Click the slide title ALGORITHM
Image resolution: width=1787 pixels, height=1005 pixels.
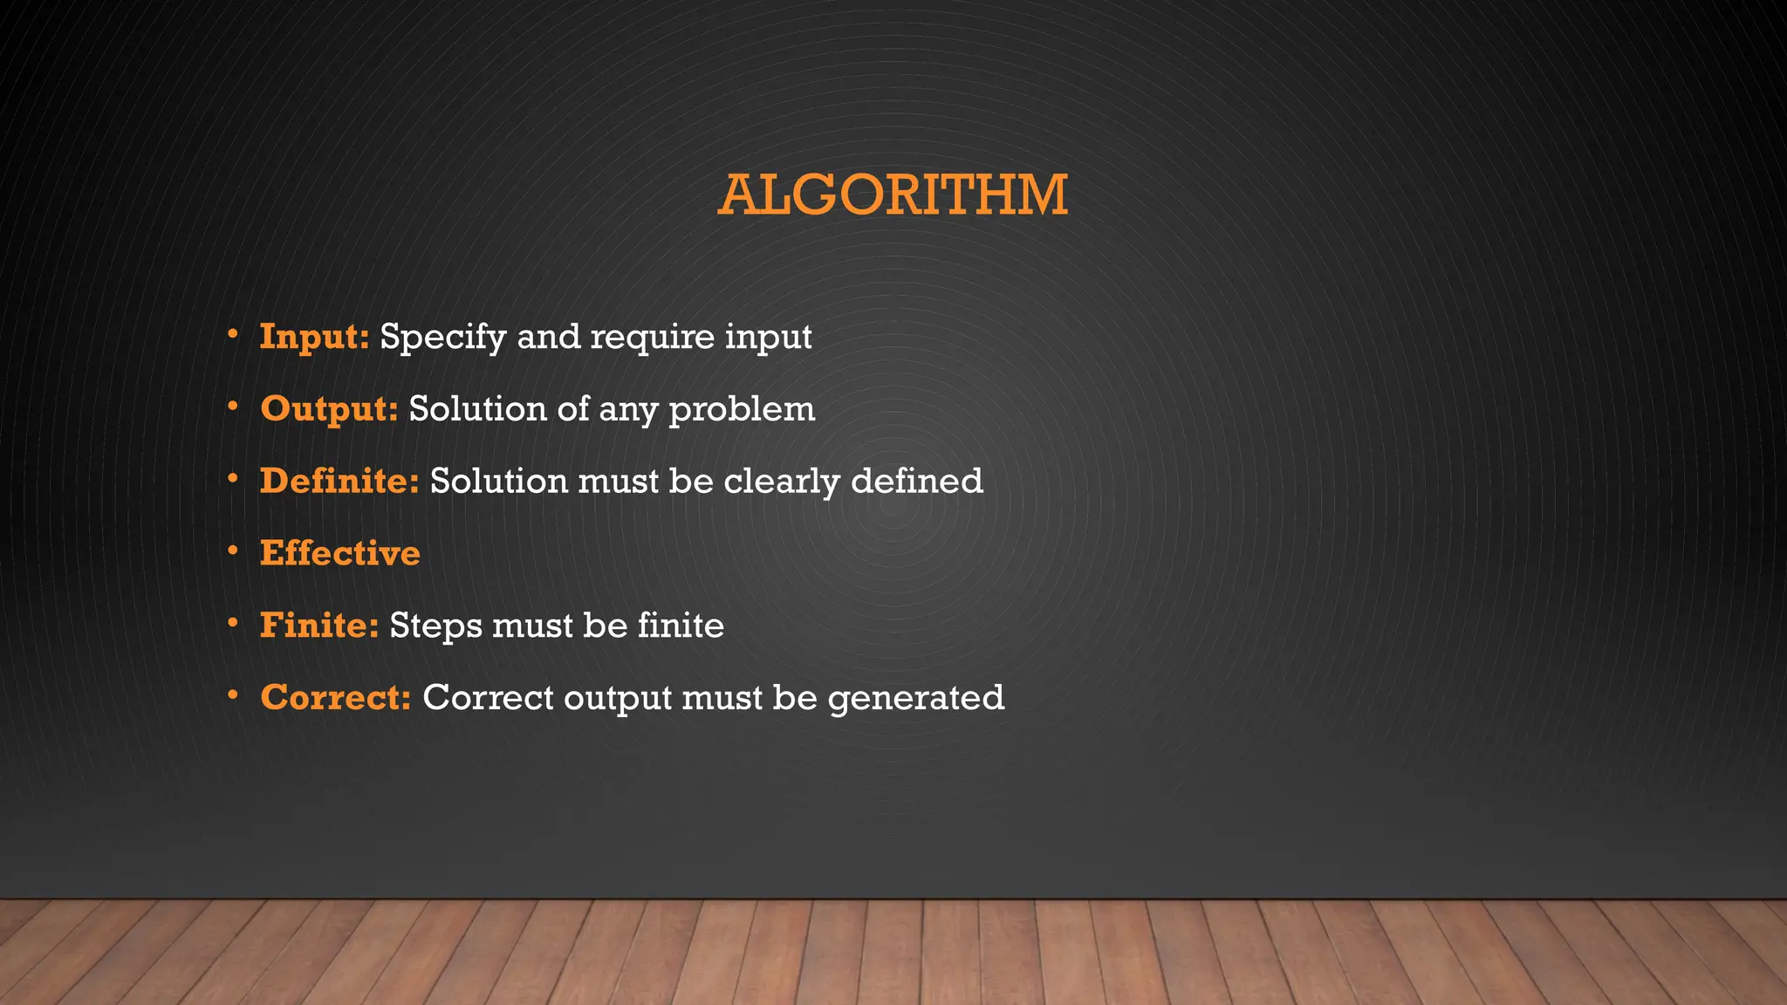(x=893, y=195)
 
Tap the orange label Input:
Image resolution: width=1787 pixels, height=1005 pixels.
(x=314, y=337)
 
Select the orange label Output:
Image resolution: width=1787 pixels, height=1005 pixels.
(x=329, y=409)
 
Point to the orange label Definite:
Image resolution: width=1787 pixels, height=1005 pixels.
(x=339, y=482)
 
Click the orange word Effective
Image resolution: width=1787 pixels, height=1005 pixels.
(x=339, y=554)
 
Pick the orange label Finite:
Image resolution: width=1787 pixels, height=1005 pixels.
(x=318, y=626)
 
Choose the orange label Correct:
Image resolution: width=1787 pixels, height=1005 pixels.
(x=335, y=698)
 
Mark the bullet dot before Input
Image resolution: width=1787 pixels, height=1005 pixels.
(x=232, y=334)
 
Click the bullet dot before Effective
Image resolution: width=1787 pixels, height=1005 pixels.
(x=232, y=551)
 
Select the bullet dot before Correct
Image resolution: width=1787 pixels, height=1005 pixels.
(x=232, y=695)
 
